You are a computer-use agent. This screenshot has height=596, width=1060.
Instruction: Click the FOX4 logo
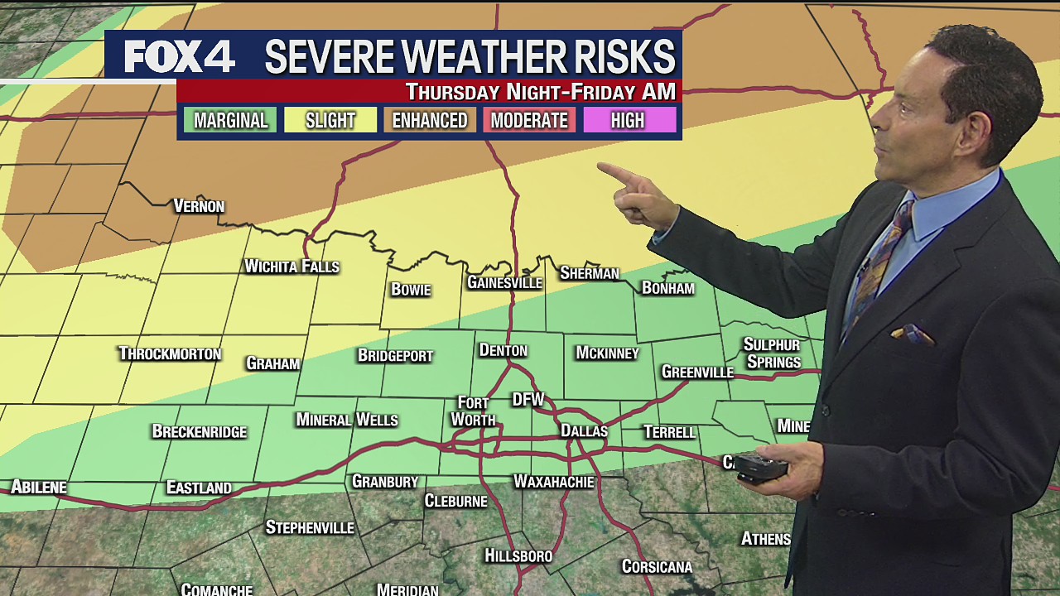tap(179, 56)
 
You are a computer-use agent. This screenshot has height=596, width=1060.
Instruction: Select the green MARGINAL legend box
tap(231, 120)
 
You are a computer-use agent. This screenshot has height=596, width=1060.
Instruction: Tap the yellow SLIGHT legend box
tap(330, 120)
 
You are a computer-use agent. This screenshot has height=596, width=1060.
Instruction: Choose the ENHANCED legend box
tap(430, 120)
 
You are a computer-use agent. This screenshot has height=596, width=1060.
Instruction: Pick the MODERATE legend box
tap(529, 120)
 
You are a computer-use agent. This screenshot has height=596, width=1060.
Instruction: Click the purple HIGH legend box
tap(629, 120)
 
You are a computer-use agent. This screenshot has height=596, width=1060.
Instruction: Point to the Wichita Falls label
tap(291, 267)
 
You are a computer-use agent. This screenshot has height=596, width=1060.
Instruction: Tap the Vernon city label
tap(199, 206)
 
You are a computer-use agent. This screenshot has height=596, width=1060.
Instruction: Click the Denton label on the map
tap(503, 350)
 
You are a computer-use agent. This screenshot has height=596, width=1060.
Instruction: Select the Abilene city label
tap(38, 487)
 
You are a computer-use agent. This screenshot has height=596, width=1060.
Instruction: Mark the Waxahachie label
tap(554, 481)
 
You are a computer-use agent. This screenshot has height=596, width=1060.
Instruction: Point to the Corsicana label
tap(657, 567)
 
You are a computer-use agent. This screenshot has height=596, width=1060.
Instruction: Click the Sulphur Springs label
tap(773, 353)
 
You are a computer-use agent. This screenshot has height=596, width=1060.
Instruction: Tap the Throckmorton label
tap(170, 354)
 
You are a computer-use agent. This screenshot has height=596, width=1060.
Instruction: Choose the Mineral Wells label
tap(347, 421)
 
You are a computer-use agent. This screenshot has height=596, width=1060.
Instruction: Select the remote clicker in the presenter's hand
tap(761, 468)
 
